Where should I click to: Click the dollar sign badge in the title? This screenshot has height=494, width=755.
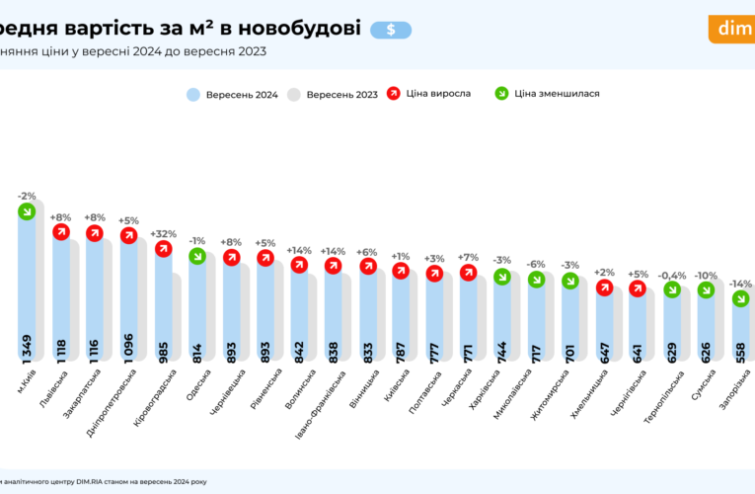point(392,30)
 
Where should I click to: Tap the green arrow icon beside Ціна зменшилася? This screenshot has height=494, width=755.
point(502,94)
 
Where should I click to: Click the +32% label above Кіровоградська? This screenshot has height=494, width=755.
point(163,234)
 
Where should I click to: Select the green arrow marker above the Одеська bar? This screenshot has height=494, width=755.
point(196,256)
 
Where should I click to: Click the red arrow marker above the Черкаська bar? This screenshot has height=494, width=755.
point(468,273)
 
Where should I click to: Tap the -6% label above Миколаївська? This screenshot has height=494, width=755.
point(536,264)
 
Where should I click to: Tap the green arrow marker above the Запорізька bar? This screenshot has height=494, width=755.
point(739,299)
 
